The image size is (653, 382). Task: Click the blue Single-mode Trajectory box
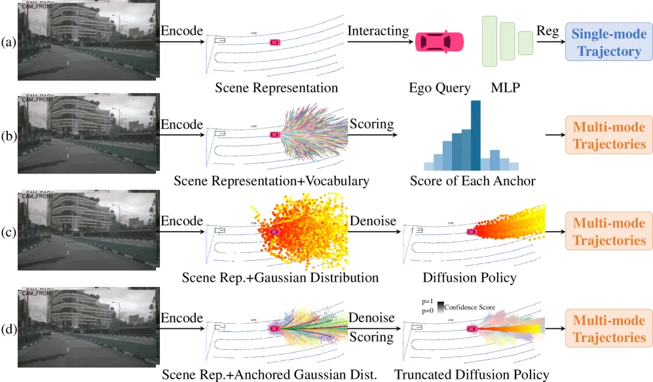(x=609, y=42)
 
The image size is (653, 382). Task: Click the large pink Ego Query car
(x=439, y=42)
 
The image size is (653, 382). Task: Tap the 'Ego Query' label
(x=439, y=88)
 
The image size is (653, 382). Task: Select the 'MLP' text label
(x=505, y=88)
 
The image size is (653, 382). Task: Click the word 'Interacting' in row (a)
(x=378, y=31)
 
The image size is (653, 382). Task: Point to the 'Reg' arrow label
(x=548, y=31)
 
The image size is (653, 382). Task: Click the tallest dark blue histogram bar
(x=476, y=136)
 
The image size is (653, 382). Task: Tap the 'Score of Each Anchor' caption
(x=473, y=181)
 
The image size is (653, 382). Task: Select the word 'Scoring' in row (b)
(x=371, y=124)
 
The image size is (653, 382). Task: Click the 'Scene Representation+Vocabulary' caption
(x=272, y=181)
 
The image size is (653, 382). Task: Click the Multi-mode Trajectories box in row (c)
(x=609, y=231)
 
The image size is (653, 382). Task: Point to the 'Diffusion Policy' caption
(x=470, y=277)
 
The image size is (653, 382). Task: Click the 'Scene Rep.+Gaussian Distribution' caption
(x=280, y=277)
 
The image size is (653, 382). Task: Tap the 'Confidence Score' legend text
(x=470, y=307)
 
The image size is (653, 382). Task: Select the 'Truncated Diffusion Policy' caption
(x=472, y=375)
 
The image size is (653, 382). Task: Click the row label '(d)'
(x=9, y=329)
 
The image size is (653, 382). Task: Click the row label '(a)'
(x=9, y=42)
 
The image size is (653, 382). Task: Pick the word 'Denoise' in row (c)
(x=373, y=221)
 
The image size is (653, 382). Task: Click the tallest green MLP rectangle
(x=489, y=41)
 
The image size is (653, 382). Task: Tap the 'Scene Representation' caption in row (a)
(x=276, y=88)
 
